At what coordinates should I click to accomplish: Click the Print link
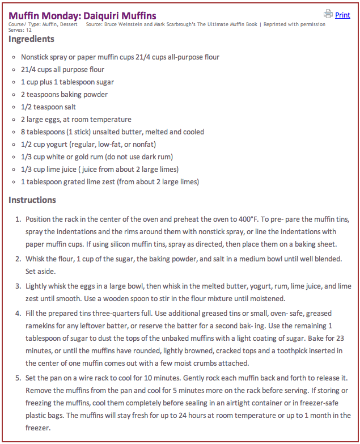342,15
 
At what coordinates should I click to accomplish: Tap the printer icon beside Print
328,14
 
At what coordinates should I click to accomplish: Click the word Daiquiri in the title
96,15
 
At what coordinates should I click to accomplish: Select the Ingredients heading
32,39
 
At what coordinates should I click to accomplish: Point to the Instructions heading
32,200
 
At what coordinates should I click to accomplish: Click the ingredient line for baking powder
64,94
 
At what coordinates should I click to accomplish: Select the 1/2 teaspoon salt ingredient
48,107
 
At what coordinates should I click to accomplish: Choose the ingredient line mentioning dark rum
96,157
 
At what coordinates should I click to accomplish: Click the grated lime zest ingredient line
110,181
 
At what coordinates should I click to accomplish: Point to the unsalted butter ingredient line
112,132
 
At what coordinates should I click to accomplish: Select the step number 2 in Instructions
18,259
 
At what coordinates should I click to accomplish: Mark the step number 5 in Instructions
18,378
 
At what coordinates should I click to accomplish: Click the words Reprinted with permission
294,24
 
